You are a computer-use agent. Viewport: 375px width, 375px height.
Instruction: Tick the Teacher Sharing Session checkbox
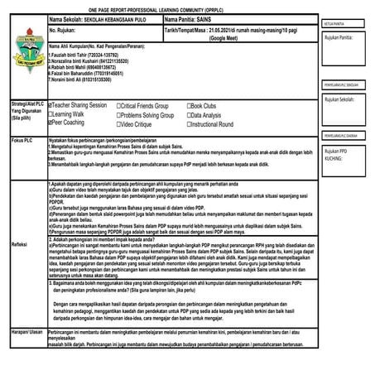pyautogui.click(x=52, y=107)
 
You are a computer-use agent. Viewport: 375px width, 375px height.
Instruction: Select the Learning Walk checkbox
pyautogui.click(x=52, y=115)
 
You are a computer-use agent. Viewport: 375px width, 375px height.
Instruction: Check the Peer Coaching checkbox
pyautogui.click(x=52, y=123)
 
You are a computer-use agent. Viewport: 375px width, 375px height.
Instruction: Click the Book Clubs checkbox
pyautogui.click(x=190, y=107)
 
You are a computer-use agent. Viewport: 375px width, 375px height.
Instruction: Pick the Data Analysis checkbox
pyautogui.click(x=190, y=115)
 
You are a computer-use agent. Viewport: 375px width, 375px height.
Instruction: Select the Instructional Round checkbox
pyautogui.click(x=190, y=123)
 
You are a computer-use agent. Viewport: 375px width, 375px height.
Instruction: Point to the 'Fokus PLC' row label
pyautogui.click(x=23, y=141)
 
